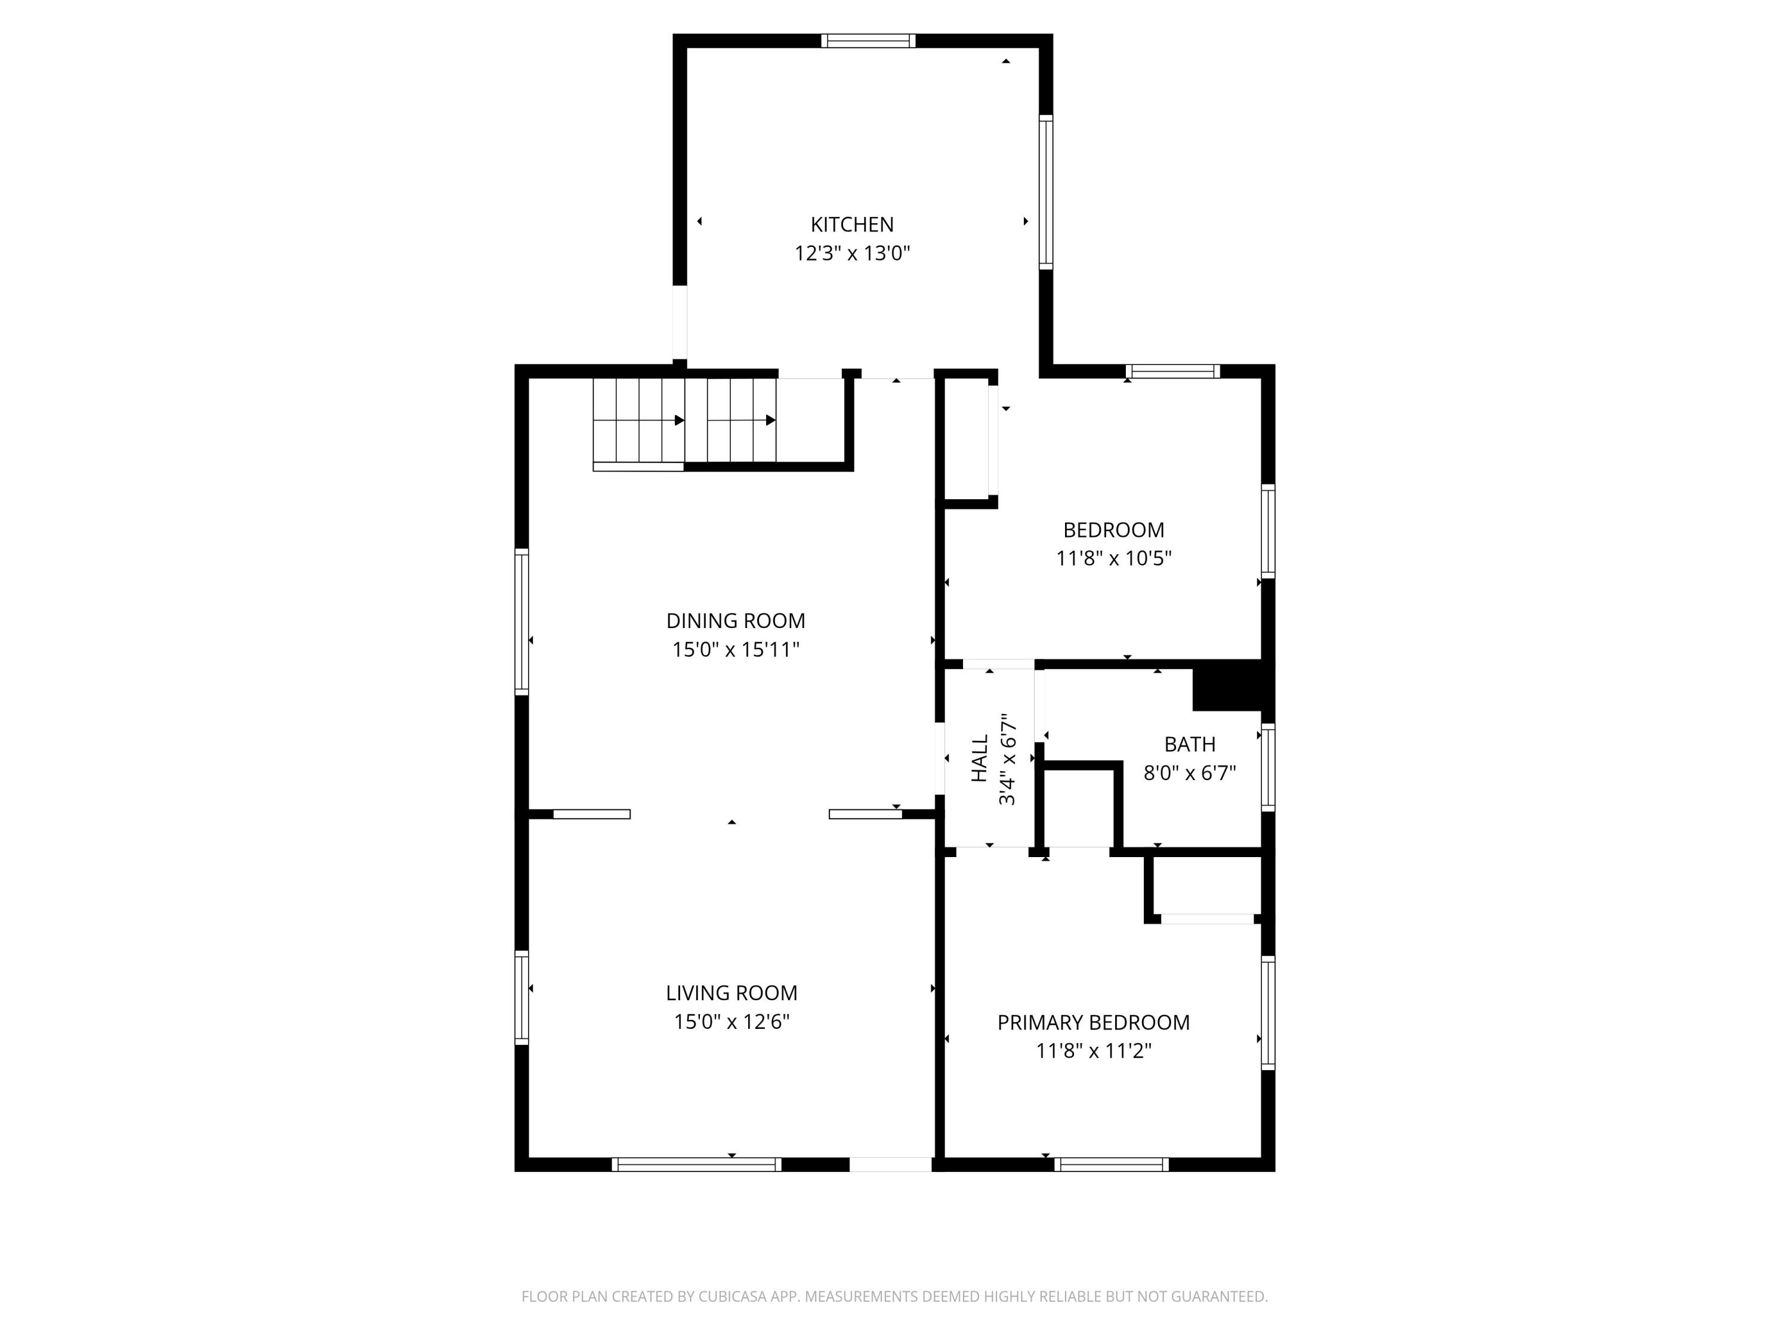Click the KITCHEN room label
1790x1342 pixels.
pos(852,224)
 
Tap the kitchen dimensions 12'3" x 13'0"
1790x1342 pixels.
pos(852,253)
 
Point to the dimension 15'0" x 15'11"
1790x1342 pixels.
pos(736,650)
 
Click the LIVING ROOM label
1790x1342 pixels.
pos(732,992)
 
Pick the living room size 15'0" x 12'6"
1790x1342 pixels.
pos(732,1022)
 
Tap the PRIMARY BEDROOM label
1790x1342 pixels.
pos(1093,1022)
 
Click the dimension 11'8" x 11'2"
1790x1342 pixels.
pos(1093,1051)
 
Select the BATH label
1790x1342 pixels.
pos(1190,744)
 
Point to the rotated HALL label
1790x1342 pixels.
pos(980,758)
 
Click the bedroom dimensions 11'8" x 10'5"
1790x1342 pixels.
pos(1113,558)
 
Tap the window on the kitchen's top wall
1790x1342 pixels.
pos(868,41)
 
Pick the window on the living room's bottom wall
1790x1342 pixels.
pos(696,1165)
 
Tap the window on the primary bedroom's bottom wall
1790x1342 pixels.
pos(1111,1165)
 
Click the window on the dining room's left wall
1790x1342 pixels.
pos(522,621)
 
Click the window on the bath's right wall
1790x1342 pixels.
pos(1268,767)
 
